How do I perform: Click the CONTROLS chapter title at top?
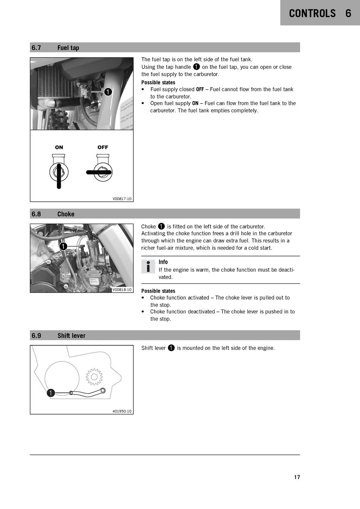point(312,13)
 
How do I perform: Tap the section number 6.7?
point(36,48)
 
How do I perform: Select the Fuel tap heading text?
point(68,48)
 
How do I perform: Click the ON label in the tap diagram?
point(59,147)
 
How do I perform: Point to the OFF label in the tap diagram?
point(103,147)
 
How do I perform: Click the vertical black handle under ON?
point(59,176)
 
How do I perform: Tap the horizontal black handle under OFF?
point(99,172)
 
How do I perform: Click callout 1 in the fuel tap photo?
point(108,92)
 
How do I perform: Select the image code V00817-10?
point(122,199)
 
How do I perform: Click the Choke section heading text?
point(66,214)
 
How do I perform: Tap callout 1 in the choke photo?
point(63,246)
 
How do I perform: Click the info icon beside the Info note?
point(148,266)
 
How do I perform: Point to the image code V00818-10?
point(122,290)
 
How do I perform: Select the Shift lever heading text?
point(71,336)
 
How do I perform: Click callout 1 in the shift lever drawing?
point(51,393)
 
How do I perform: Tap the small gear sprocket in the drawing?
point(94,377)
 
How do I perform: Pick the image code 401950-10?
point(122,411)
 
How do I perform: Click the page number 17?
point(297,477)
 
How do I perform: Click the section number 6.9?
point(36,336)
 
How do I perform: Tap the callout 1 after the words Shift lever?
point(171,348)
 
